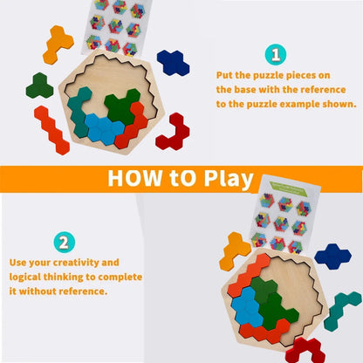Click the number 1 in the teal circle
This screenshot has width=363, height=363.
(276, 56)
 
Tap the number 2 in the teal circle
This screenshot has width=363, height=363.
(65, 242)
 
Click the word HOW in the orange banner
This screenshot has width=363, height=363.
(138, 179)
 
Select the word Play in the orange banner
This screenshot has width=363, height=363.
(229, 179)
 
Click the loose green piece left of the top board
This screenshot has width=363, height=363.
(38, 85)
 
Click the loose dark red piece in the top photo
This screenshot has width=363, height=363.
(172, 130)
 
